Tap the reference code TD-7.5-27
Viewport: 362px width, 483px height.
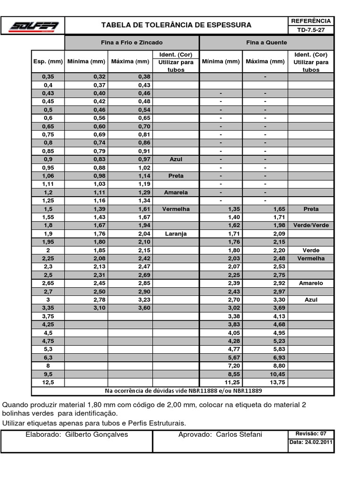click(311, 30)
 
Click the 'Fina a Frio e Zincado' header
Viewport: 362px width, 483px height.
click(132, 42)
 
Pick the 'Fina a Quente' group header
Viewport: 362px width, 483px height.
click(266, 42)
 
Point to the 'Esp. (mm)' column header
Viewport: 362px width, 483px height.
click(48, 61)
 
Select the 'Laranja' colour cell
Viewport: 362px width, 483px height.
click(175, 233)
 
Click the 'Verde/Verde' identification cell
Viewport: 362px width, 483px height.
click(311, 225)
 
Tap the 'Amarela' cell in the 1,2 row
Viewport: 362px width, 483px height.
click(175, 192)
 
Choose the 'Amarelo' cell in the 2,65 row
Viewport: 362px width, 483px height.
click(311, 283)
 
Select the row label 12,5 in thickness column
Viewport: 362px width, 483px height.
click(48, 382)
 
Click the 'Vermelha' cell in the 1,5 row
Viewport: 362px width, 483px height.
click(175, 209)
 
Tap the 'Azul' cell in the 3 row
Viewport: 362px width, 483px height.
click(311, 300)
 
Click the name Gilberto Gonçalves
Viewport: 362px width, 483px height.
click(97, 434)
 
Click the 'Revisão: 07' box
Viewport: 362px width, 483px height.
click(311, 433)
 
